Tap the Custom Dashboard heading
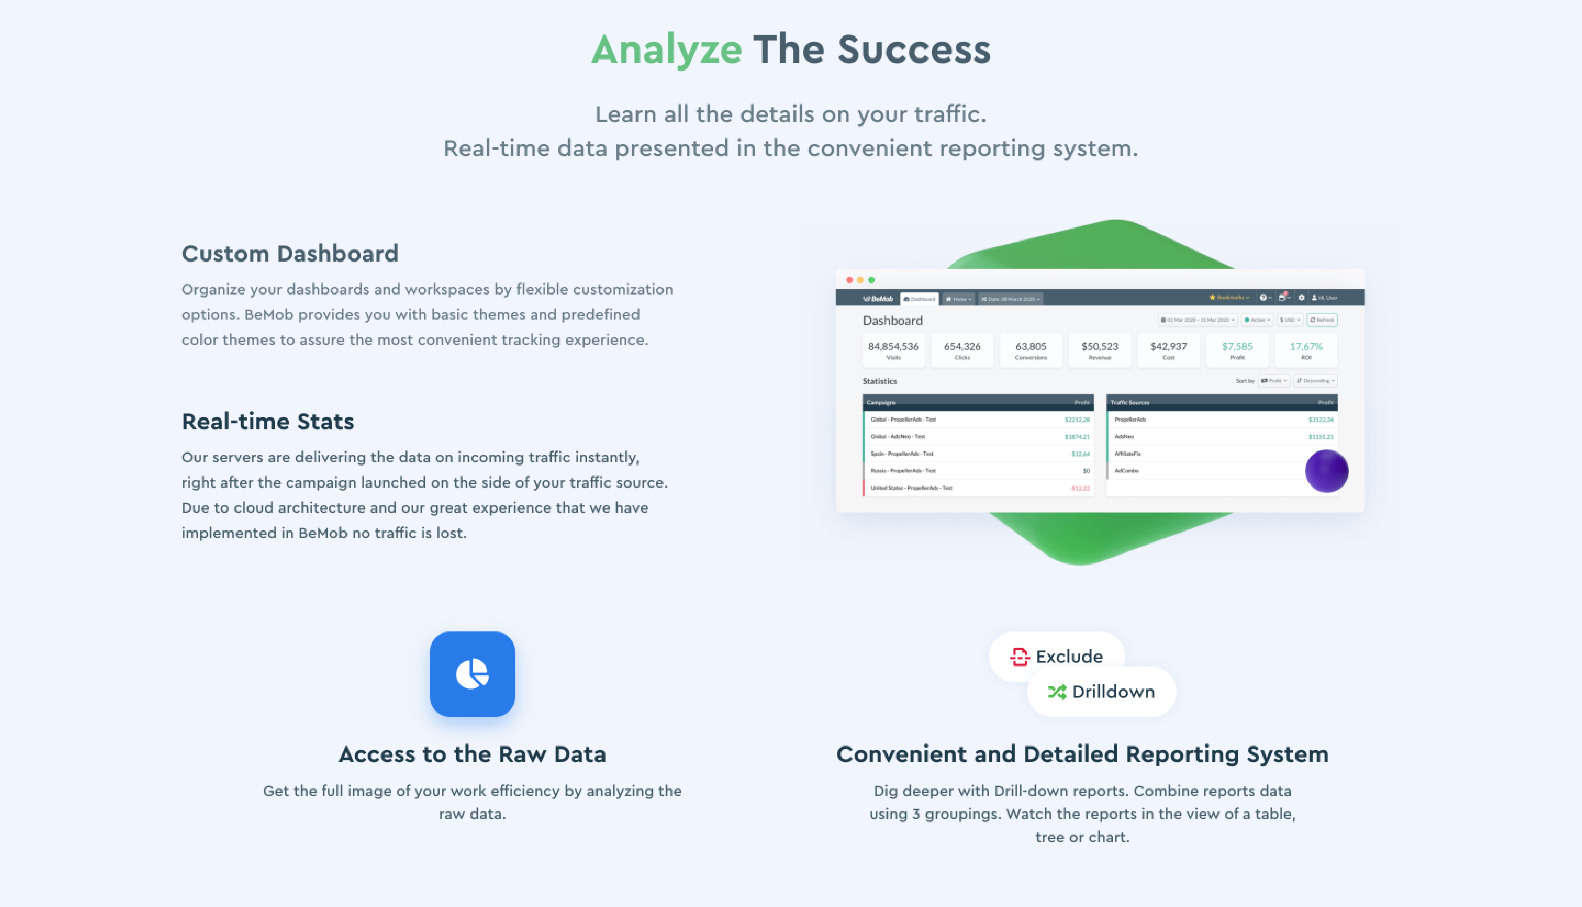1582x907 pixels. (x=290, y=253)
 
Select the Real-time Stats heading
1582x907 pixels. (x=267, y=422)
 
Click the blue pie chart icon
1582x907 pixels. (x=472, y=674)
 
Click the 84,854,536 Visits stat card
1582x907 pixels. (x=893, y=350)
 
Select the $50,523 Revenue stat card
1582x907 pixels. (x=1100, y=350)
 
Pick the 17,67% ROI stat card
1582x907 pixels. (x=1306, y=350)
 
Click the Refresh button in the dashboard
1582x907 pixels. (x=1322, y=320)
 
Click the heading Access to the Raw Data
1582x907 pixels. (x=472, y=754)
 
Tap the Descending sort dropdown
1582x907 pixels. (x=1315, y=381)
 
